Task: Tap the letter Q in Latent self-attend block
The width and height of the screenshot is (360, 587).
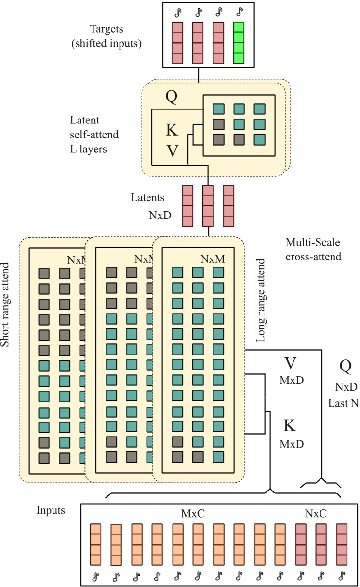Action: tap(172, 97)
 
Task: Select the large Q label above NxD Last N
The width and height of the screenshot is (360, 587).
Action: tap(346, 367)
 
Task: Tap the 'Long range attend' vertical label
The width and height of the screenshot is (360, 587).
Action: tap(261, 300)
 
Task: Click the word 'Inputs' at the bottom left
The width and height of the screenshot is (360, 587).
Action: tap(51, 510)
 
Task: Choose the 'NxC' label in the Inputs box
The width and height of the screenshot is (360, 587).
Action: tap(317, 515)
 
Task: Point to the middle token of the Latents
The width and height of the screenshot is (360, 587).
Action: tap(208, 205)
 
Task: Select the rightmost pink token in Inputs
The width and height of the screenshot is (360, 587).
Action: tap(342, 545)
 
